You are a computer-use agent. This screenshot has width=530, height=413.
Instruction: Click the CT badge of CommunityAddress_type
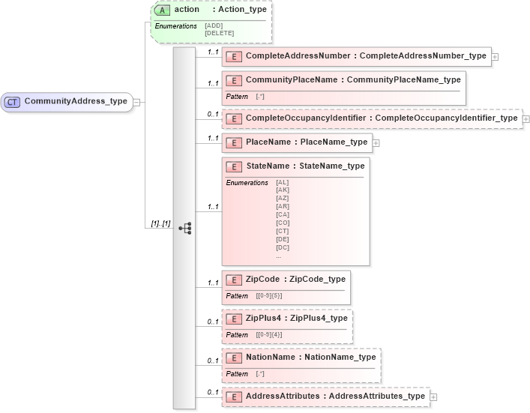pyautogui.click(x=12, y=102)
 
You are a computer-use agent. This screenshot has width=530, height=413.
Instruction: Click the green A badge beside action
pyautogui.click(x=163, y=10)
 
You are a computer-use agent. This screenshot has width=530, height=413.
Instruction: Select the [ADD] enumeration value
pyautogui.click(x=214, y=25)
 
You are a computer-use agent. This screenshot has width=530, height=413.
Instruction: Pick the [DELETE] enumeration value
pyautogui.click(x=219, y=33)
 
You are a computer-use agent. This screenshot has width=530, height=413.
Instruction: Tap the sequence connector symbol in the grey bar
pyautogui.click(x=184, y=229)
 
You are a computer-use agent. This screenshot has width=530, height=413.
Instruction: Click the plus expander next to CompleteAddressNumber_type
pyautogui.click(x=495, y=56)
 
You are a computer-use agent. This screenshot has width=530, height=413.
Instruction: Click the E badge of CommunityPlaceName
pyautogui.click(x=234, y=79)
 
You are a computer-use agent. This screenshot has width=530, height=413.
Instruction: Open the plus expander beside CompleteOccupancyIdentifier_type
pyautogui.click(x=526, y=118)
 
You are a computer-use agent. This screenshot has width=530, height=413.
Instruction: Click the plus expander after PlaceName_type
pyautogui.click(x=376, y=142)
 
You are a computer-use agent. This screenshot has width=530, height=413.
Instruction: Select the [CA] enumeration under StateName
pyautogui.click(x=283, y=214)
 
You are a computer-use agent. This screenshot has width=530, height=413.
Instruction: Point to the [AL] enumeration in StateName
pyautogui.click(x=283, y=182)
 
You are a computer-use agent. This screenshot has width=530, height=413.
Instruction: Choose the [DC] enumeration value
pyautogui.click(x=283, y=247)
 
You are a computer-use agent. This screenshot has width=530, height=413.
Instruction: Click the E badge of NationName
pyautogui.click(x=234, y=358)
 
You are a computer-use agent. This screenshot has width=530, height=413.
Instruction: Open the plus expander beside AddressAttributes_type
pyautogui.click(x=433, y=397)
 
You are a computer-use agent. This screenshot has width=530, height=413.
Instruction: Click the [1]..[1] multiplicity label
pyautogui.click(x=160, y=224)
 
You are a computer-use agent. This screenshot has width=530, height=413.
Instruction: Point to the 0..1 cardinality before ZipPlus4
pyautogui.click(x=213, y=322)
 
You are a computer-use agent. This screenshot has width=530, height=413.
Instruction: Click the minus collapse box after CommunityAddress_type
pyautogui.click(x=136, y=102)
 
